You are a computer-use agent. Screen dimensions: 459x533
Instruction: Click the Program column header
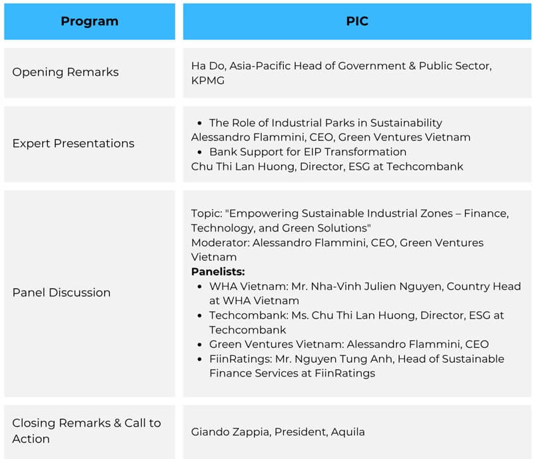point(89,21)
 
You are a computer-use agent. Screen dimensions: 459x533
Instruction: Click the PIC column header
point(357,21)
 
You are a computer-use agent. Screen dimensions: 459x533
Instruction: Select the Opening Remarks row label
point(65,72)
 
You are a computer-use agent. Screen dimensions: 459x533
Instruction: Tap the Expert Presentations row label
point(73,143)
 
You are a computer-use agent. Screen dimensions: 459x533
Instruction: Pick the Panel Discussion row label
point(61,293)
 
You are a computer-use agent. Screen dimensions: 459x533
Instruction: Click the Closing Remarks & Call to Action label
point(87,430)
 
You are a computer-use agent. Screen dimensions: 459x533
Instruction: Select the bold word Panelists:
point(218,271)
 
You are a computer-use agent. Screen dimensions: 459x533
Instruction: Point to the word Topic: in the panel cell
point(207,213)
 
